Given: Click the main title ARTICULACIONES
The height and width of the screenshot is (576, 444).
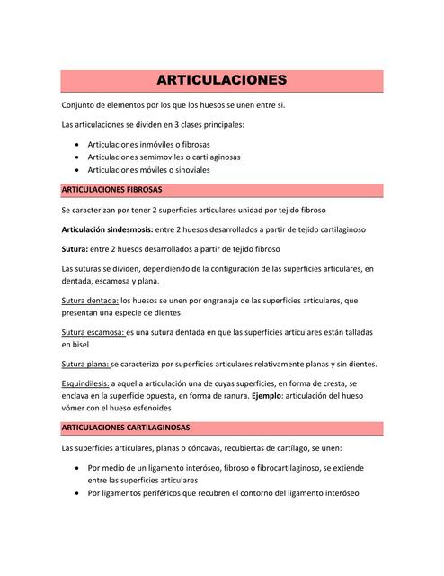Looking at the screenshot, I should [222, 80].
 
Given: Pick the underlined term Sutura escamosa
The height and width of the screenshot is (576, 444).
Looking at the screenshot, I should [93, 332].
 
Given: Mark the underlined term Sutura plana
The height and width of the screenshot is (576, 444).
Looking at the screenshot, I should [84, 364].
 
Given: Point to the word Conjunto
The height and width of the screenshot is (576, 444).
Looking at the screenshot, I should [81, 105].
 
